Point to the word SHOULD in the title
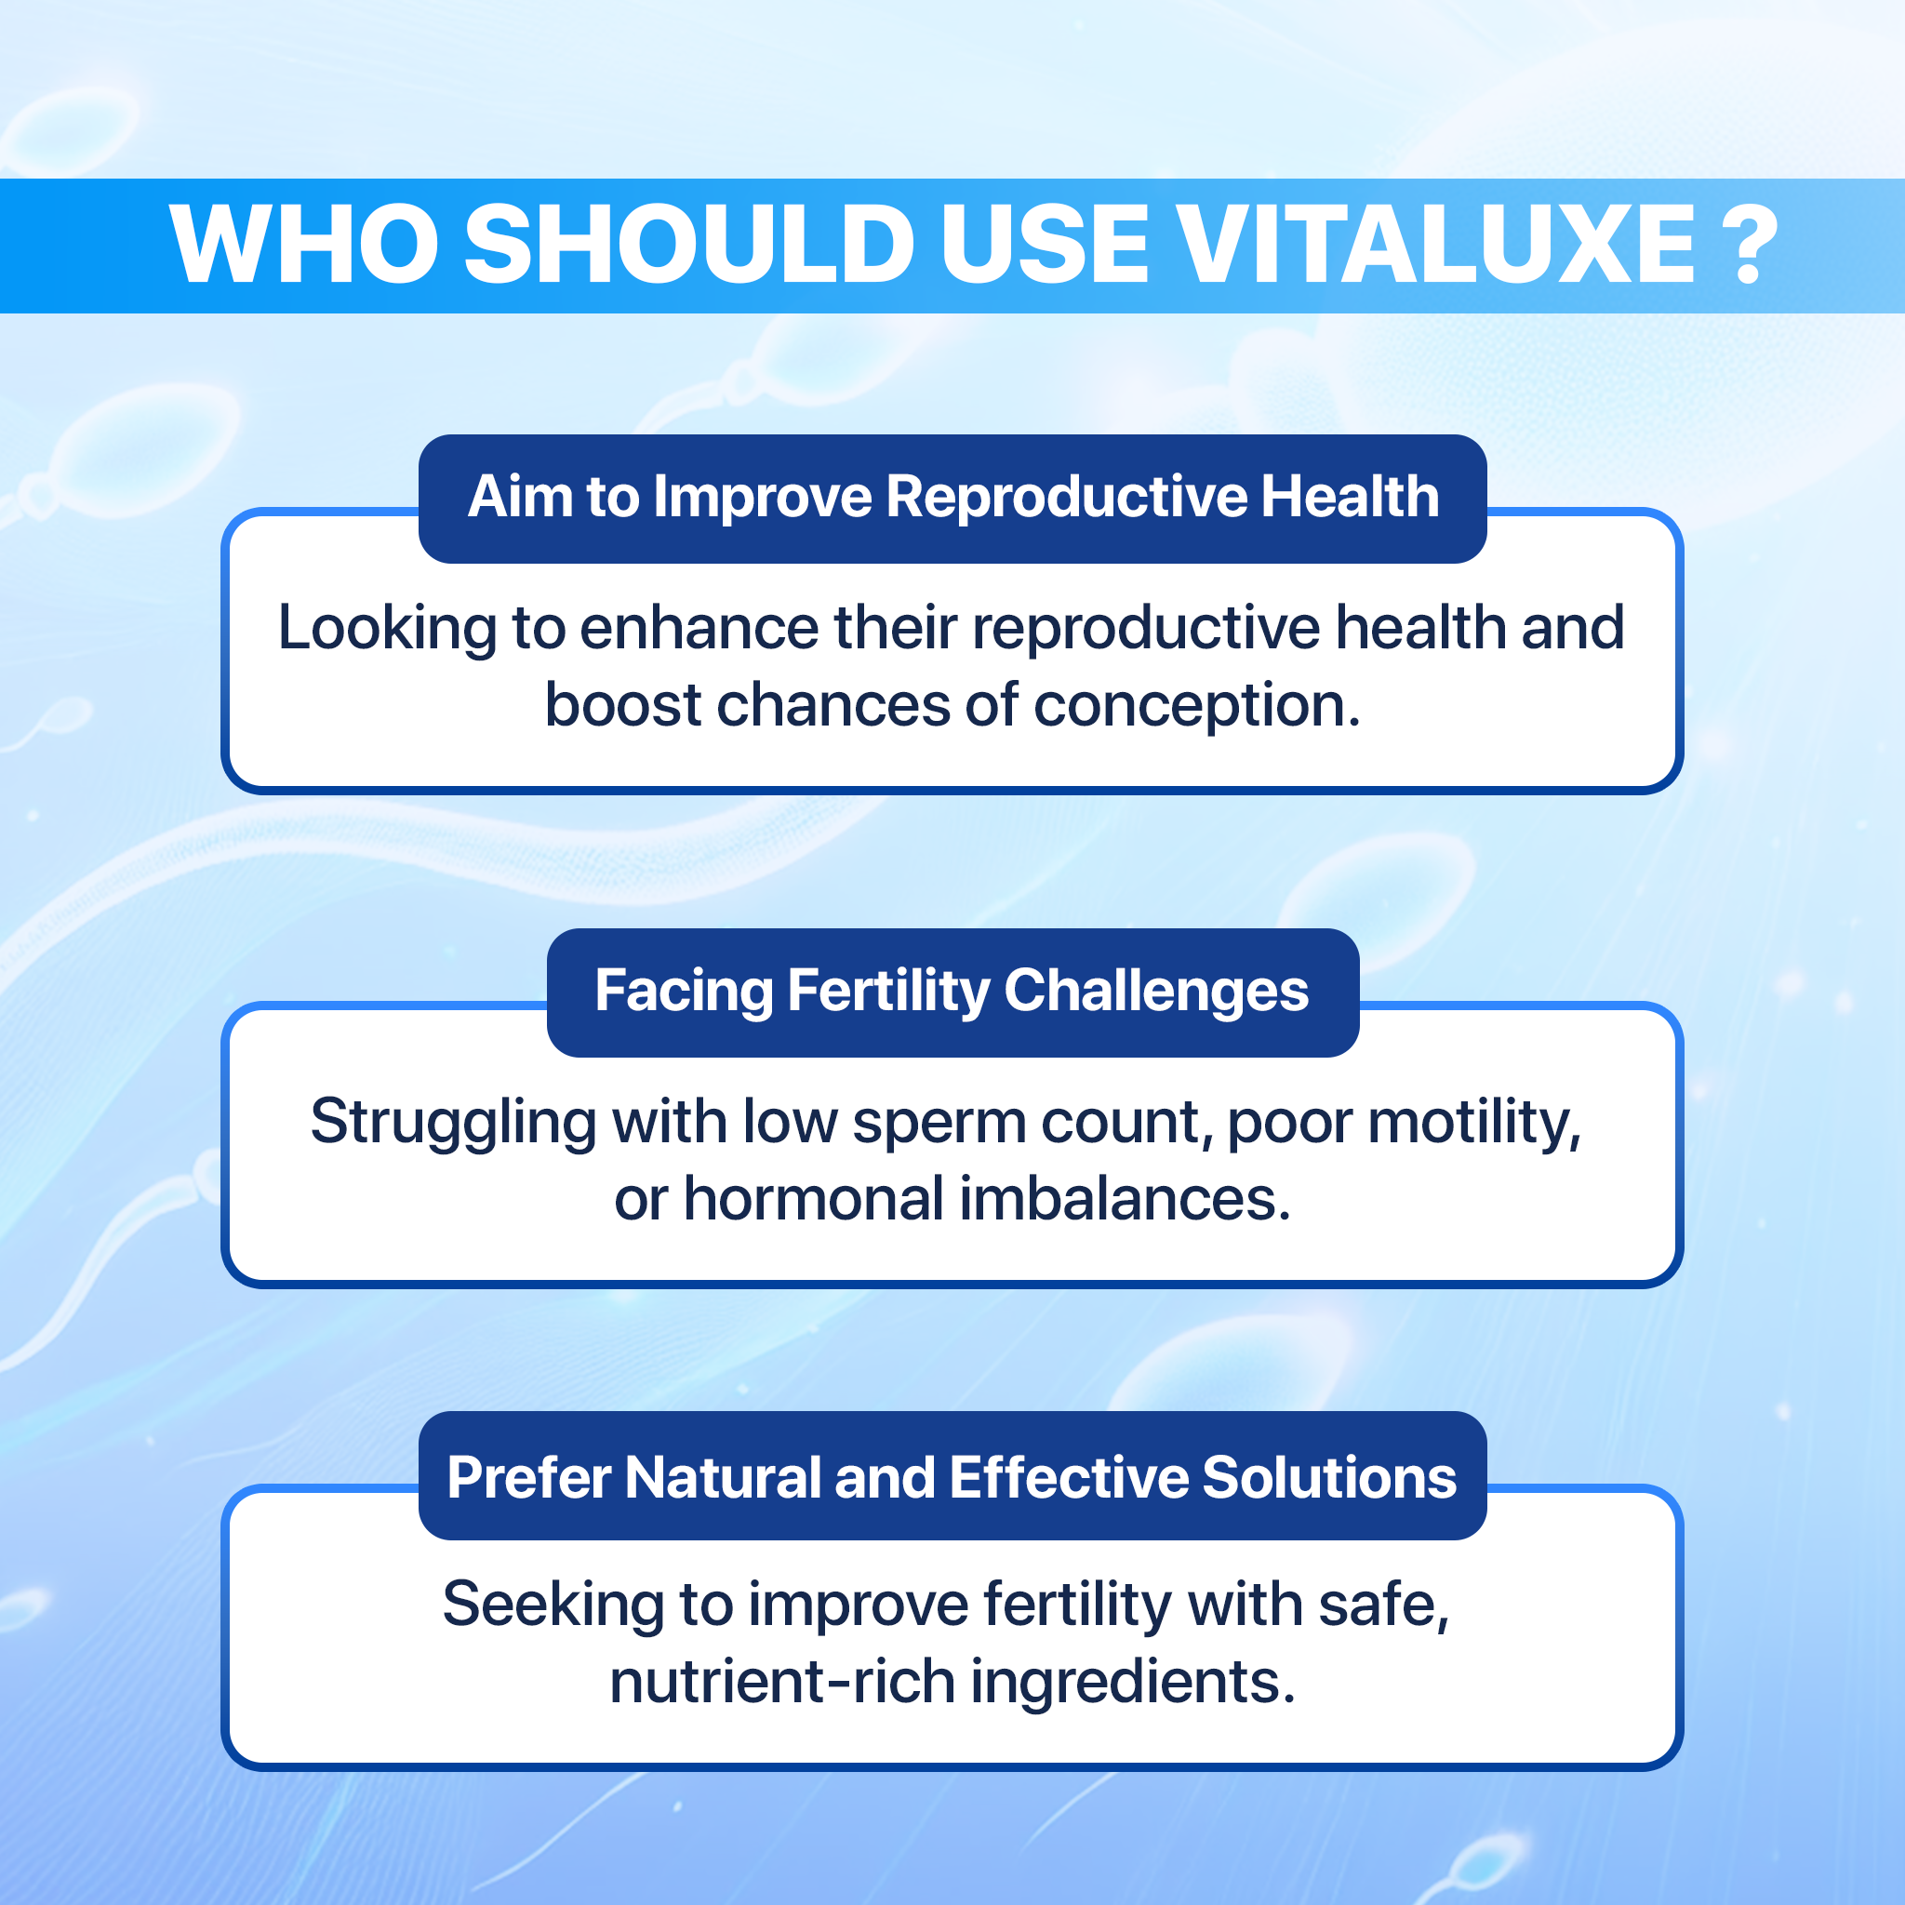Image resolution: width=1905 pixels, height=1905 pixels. [x=688, y=245]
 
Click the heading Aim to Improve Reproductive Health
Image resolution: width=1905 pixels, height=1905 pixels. [x=952, y=496]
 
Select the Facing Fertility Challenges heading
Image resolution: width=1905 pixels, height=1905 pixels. [x=952, y=990]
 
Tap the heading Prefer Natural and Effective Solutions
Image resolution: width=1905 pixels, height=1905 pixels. [x=952, y=1477]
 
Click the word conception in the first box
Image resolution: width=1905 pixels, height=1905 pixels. [x=1196, y=707]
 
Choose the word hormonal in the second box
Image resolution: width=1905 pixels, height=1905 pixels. [x=814, y=1199]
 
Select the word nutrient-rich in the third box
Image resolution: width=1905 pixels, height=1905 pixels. [x=782, y=1681]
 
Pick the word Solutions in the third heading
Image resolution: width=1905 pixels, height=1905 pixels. [x=1329, y=1477]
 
